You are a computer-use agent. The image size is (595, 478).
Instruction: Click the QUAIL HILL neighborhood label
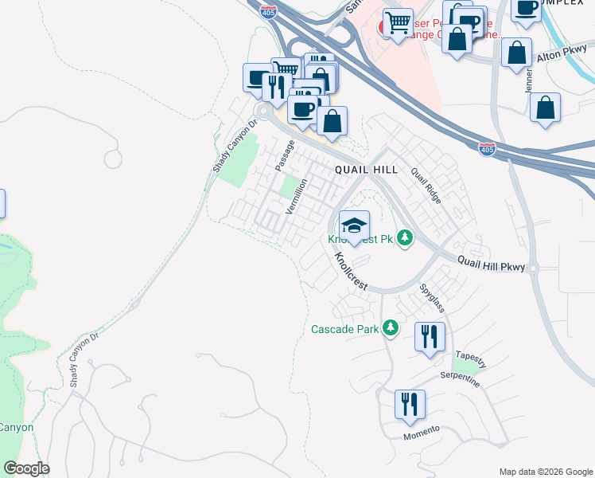click(x=366, y=170)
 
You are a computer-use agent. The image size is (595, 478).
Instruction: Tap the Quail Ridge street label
click(x=425, y=185)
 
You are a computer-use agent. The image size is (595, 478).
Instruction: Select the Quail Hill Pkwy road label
click(x=492, y=263)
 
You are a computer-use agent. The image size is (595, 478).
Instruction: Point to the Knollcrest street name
click(x=349, y=271)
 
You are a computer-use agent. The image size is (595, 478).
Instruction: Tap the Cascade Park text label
click(x=344, y=328)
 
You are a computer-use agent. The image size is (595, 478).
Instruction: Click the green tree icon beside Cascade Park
click(x=390, y=327)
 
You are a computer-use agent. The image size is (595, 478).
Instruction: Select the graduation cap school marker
click(x=354, y=225)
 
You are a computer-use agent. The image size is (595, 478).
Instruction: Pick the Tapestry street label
click(x=472, y=358)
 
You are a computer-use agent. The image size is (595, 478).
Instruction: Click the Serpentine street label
click(x=457, y=380)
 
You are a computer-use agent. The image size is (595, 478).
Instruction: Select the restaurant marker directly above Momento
click(x=410, y=403)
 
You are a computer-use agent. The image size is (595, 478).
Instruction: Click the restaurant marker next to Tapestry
click(x=429, y=335)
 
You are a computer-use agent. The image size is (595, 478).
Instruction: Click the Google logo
click(x=25, y=468)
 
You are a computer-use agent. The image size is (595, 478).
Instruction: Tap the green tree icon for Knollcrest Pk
click(x=405, y=237)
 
